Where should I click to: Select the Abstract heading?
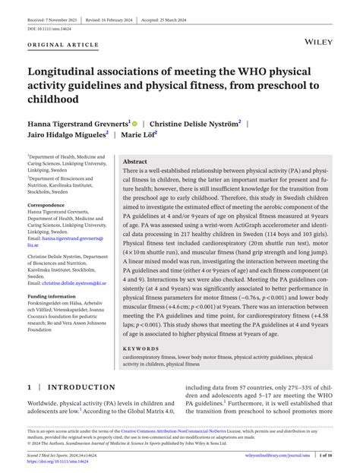coord(135,162)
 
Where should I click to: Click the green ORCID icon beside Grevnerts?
coord(135,121)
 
